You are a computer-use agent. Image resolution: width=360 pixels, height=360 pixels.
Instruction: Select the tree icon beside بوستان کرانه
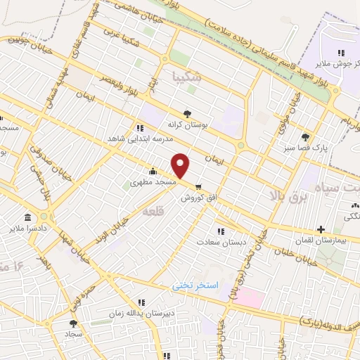(x=187, y=112)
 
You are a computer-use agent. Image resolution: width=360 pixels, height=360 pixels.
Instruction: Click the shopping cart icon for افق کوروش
(x=199, y=187)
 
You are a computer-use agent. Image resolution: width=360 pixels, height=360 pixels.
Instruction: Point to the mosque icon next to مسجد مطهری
(x=153, y=172)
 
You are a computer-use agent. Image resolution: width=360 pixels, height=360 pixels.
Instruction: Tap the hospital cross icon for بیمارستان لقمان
(x=321, y=229)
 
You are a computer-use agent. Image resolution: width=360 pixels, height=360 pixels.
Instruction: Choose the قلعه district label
(x=153, y=211)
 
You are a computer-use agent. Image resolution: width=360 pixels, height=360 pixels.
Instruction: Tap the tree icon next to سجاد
(x=73, y=323)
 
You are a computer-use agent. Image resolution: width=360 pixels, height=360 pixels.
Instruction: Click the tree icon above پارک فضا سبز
(x=304, y=137)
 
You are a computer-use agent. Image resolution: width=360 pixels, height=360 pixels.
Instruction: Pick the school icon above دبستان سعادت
(x=221, y=231)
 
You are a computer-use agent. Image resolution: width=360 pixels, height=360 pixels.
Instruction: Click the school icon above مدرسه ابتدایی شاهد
(x=140, y=128)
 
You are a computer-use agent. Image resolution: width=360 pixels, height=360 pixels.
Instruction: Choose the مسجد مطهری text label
(x=155, y=182)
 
